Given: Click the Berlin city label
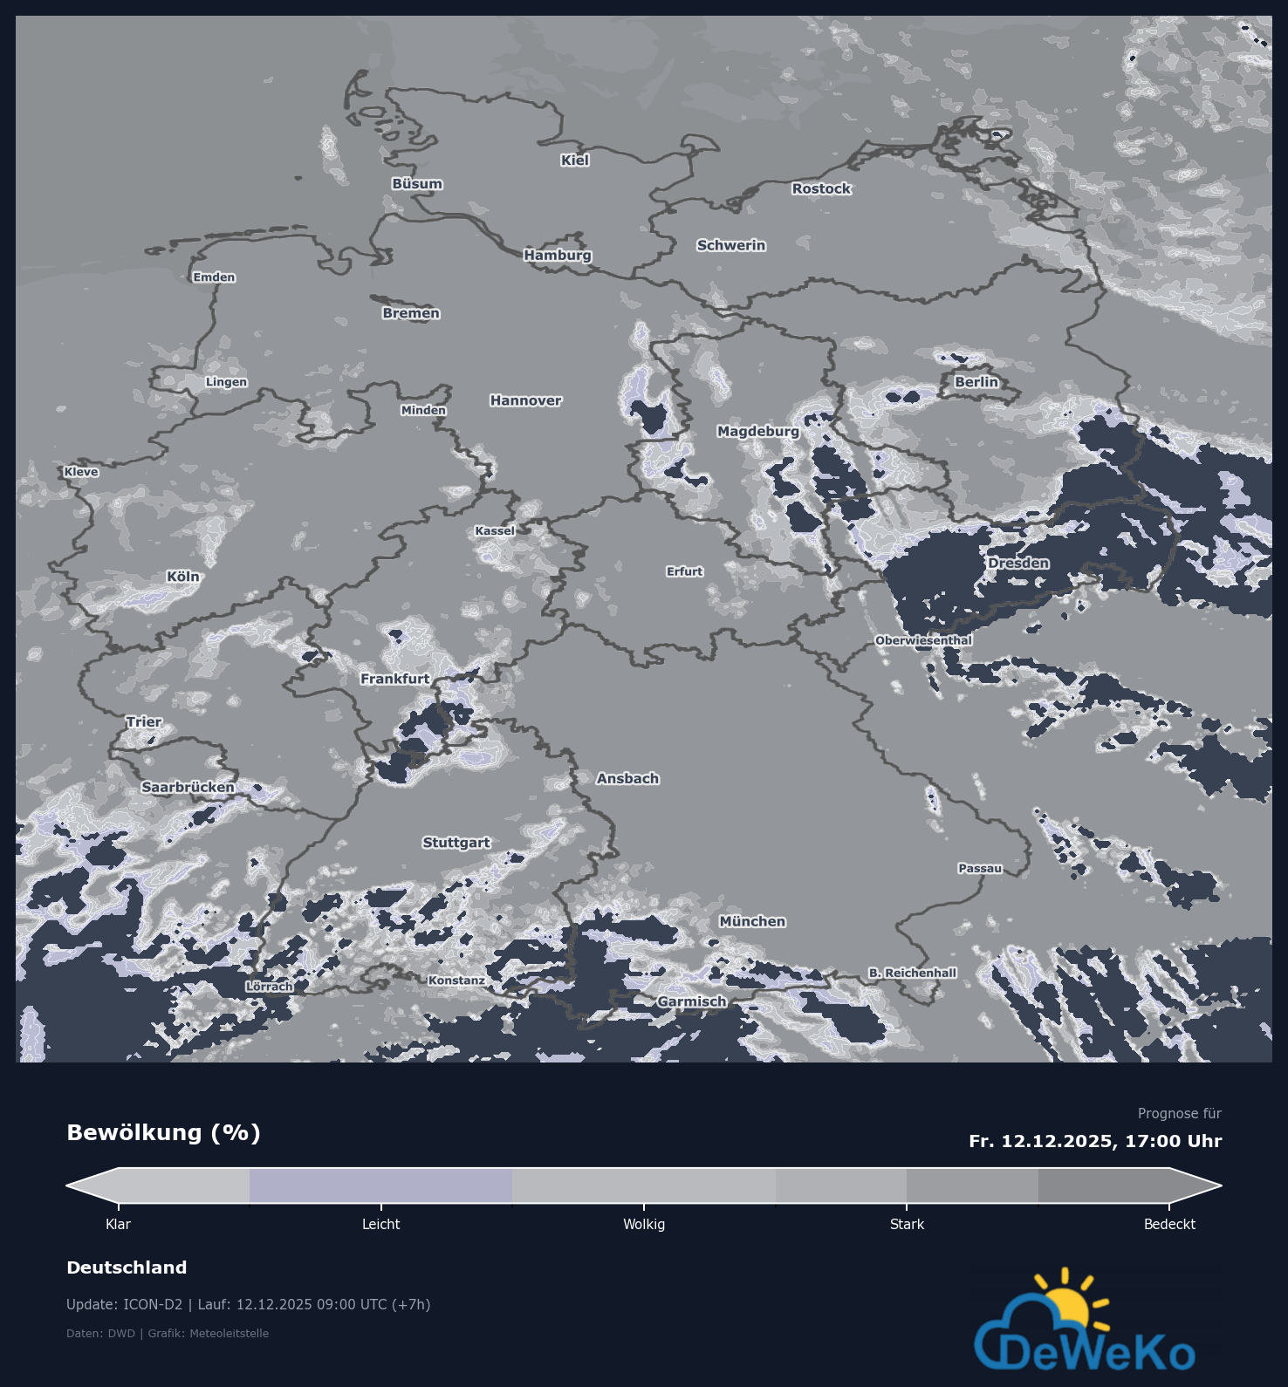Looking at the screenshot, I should pos(976,382).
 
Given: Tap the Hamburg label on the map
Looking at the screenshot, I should pos(558,255).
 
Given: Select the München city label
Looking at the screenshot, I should pos(752,921).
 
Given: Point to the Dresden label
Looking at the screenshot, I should pos(1018,564).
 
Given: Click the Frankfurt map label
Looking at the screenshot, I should pos(395,679).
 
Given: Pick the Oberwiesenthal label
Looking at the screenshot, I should pos(923,640).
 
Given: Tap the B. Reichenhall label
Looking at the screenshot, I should pos(912,973).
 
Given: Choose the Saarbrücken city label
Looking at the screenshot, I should pos(188,787).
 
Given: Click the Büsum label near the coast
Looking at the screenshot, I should pos(417,184).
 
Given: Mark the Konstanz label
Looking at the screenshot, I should pos(456,980).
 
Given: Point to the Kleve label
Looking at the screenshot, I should pos(81,472).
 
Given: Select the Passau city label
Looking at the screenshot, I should pos(980,868).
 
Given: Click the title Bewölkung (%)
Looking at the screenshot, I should pos(163,1132).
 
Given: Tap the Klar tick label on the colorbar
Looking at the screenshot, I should pos(118,1224).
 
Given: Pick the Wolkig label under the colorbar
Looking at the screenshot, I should pos(644,1224).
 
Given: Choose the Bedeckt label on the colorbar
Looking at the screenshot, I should pos(1169,1224).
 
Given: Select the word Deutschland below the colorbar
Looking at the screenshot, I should pos(127,1267).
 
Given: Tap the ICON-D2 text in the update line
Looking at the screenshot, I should pos(153,1304).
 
